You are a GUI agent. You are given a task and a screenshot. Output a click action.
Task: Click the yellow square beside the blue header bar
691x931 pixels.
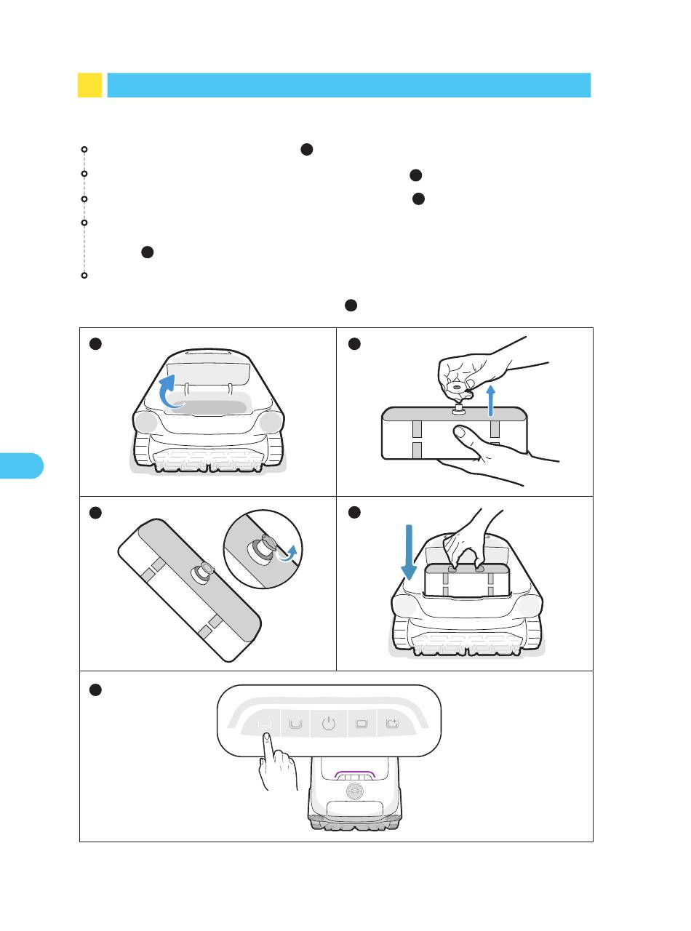pyautogui.click(x=89, y=85)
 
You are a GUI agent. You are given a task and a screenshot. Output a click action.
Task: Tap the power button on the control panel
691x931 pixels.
pyautogui.click(x=329, y=724)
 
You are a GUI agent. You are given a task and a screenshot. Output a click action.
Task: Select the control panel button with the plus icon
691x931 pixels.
pyautogui.click(x=393, y=724)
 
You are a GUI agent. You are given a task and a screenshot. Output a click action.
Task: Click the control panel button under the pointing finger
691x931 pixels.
pyautogui.click(x=265, y=724)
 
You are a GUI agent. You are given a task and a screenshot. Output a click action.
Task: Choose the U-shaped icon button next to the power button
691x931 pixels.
pyautogui.click(x=295, y=724)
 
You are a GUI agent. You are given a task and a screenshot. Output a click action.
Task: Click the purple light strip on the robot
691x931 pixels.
pyautogui.click(x=354, y=774)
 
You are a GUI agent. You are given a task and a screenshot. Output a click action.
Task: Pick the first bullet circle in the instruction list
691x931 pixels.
pyautogui.click(x=84, y=149)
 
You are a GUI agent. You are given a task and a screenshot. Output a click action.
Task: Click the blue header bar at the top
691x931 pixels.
pyautogui.click(x=349, y=85)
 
